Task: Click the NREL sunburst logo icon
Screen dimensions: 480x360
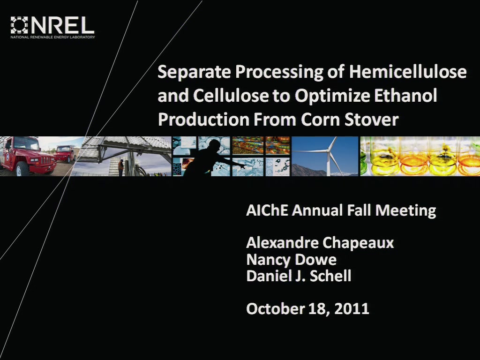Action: pos(19,25)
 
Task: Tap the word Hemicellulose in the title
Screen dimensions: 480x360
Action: pos(408,72)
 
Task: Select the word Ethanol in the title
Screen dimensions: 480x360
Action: pos(405,95)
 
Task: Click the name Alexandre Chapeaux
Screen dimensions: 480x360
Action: pos(320,243)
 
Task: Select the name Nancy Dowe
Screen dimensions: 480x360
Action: pos(291,260)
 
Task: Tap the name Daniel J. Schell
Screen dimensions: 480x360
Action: pos(299,276)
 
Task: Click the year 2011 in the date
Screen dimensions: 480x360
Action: pos(352,308)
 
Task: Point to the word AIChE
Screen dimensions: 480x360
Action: pos(267,210)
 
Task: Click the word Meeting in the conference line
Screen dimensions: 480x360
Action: pos(405,211)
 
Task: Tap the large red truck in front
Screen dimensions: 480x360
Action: pos(28,157)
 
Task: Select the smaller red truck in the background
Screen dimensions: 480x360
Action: pos(65,153)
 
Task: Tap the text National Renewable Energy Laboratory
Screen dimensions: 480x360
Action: pos(52,37)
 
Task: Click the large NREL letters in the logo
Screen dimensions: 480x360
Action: pos(63,25)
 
